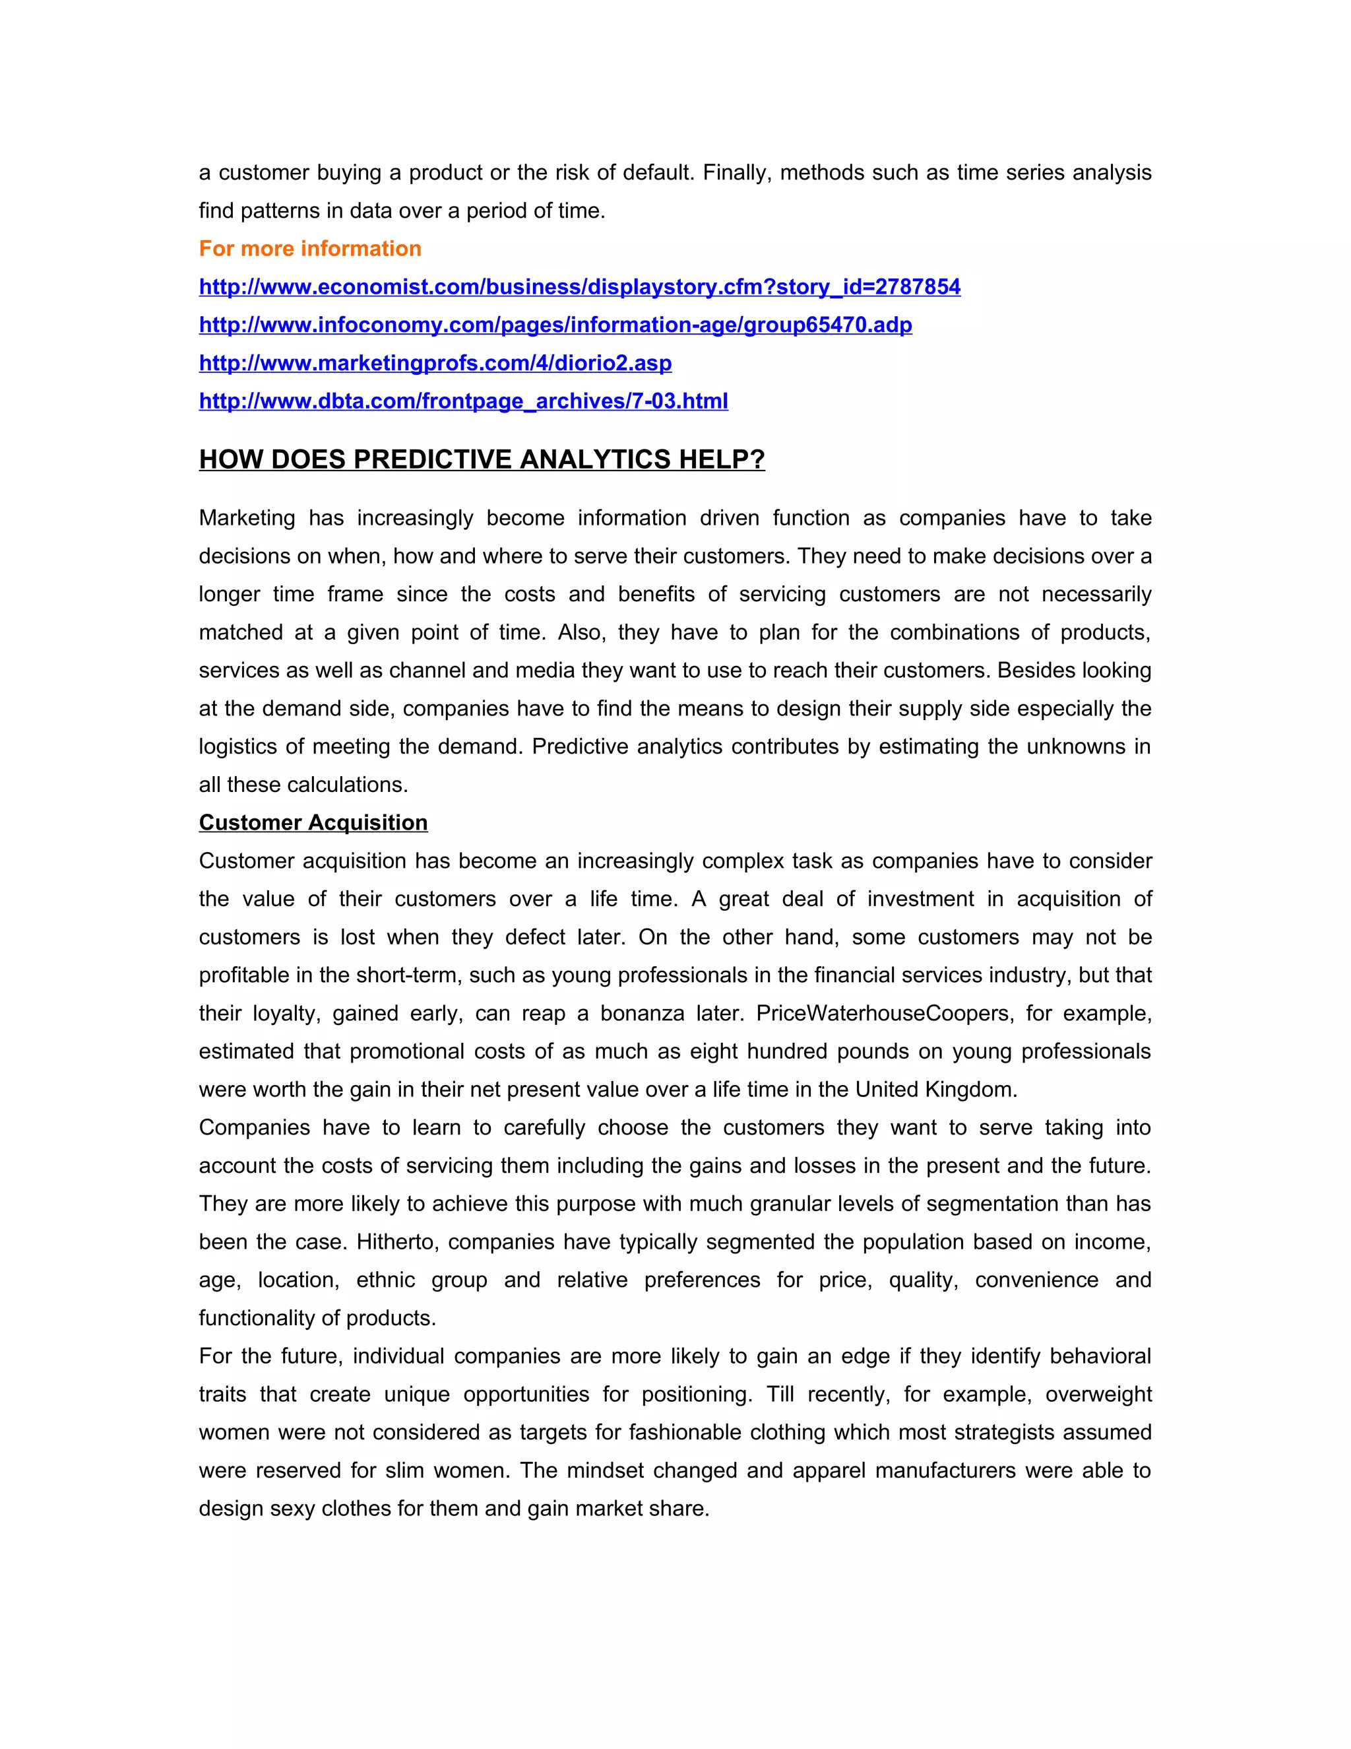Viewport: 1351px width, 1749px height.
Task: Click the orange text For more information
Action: (x=310, y=248)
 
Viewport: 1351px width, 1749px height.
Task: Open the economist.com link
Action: (x=579, y=286)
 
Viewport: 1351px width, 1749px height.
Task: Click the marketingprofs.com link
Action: (x=435, y=363)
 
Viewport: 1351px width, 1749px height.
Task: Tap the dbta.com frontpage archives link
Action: (x=462, y=401)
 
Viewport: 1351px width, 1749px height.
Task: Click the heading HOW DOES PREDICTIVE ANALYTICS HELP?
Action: (x=481, y=459)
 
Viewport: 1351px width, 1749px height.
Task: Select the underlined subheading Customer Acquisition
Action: (x=313, y=822)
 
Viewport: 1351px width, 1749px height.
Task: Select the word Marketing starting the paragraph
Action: (x=247, y=518)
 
